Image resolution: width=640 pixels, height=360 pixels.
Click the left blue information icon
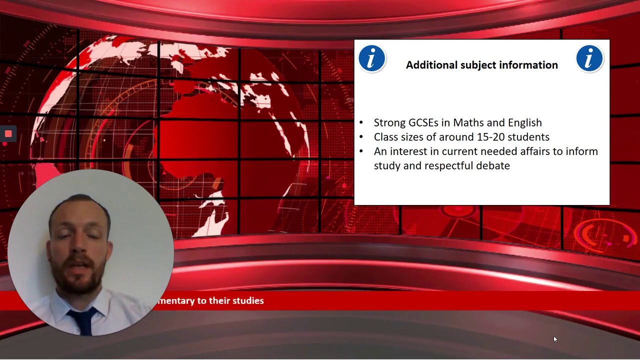(x=371, y=58)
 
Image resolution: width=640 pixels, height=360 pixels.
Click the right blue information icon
(x=589, y=58)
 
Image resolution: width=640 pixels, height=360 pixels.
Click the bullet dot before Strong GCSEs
(x=361, y=122)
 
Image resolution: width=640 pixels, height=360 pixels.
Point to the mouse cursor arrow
(x=555, y=339)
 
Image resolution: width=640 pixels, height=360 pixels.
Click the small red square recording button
(x=8, y=133)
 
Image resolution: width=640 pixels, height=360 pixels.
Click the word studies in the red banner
(x=248, y=301)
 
